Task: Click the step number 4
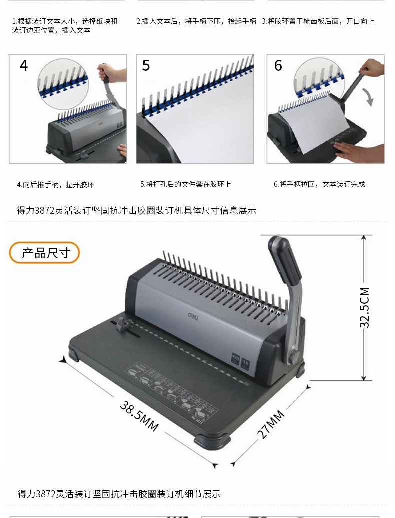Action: tap(24, 66)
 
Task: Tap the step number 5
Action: tap(146, 66)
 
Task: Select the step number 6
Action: tap(278, 66)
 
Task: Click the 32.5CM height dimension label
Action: tap(364, 307)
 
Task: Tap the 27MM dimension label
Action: tap(270, 424)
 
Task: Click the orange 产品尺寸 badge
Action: tap(44, 253)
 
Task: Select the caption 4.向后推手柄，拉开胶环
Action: tap(55, 185)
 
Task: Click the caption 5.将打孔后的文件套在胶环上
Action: tap(186, 184)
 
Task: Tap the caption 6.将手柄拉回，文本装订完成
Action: tap(319, 184)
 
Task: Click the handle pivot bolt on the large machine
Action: tap(294, 358)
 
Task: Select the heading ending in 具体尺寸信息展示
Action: tap(136, 210)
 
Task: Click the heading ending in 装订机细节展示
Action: tap(119, 494)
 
